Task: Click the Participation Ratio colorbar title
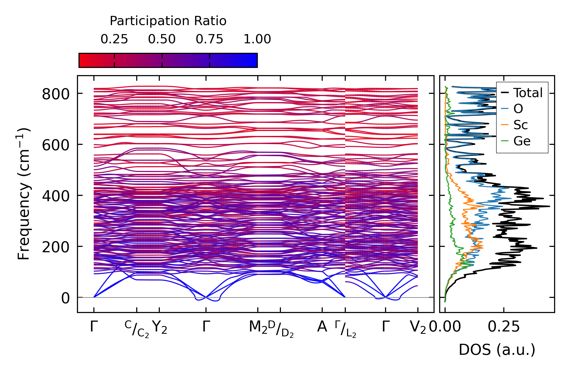point(168,21)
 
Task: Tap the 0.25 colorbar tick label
point(114,39)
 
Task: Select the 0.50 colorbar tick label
point(162,39)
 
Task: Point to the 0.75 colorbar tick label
point(210,39)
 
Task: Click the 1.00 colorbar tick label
point(257,39)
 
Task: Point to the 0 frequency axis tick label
point(65,298)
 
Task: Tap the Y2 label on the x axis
point(159,327)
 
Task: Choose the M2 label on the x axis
point(258,327)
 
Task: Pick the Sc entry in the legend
point(520,125)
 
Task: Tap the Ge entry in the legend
point(522,141)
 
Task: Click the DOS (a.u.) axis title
point(497,350)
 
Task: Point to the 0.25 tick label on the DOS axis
point(504,327)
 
